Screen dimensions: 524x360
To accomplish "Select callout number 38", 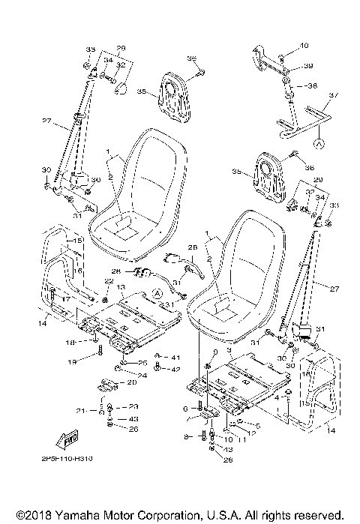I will tap(312, 85).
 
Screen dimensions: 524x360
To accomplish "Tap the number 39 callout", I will tap(307, 67).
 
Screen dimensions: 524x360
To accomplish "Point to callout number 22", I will tap(109, 281).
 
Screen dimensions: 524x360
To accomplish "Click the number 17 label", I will tap(67, 299).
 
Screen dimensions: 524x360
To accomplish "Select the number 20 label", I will tap(133, 382).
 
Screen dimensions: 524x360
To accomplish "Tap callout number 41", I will tap(175, 357).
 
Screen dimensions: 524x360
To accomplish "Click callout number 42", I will tap(175, 369).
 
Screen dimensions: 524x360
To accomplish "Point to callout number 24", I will tap(142, 374).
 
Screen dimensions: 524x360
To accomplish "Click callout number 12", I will tap(242, 434).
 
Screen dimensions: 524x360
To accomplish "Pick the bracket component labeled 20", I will tap(109, 385).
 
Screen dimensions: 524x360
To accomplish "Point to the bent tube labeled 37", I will tap(304, 120).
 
